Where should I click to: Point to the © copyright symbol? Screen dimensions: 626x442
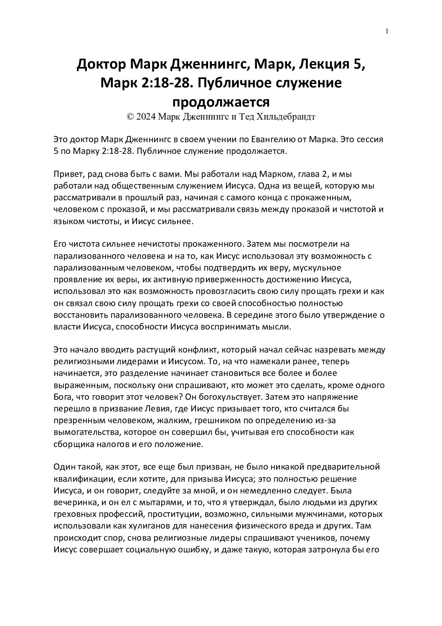(130, 117)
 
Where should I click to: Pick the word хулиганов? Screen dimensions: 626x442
(148, 524)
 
